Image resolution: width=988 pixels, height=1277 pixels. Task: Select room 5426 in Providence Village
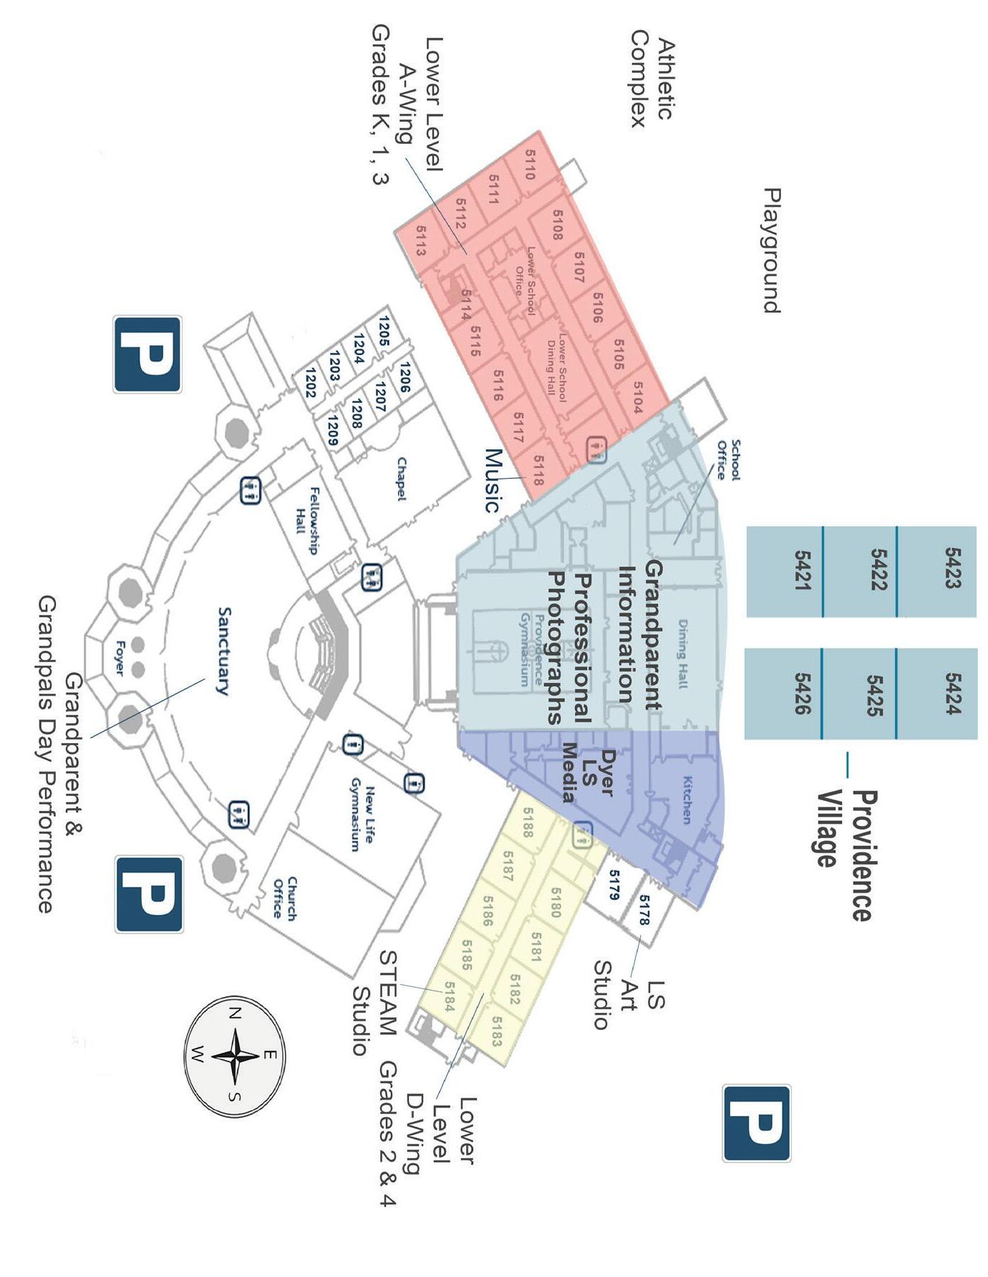pyautogui.click(x=802, y=693)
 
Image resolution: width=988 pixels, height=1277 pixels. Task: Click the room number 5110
pyautogui.click(x=531, y=164)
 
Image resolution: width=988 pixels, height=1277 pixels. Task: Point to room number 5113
pyautogui.click(x=420, y=241)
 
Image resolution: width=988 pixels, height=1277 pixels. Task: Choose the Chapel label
pyautogui.click(x=401, y=479)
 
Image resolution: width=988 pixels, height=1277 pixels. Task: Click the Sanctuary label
pyautogui.click(x=224, y=651)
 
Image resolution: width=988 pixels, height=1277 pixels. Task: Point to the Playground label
pyautogui.click(x=771, y=251)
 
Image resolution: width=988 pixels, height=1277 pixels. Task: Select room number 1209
pyautogui.click(x=331, y=429)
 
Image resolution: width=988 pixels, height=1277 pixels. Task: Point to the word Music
pyautogui.click(x=493, y=480)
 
